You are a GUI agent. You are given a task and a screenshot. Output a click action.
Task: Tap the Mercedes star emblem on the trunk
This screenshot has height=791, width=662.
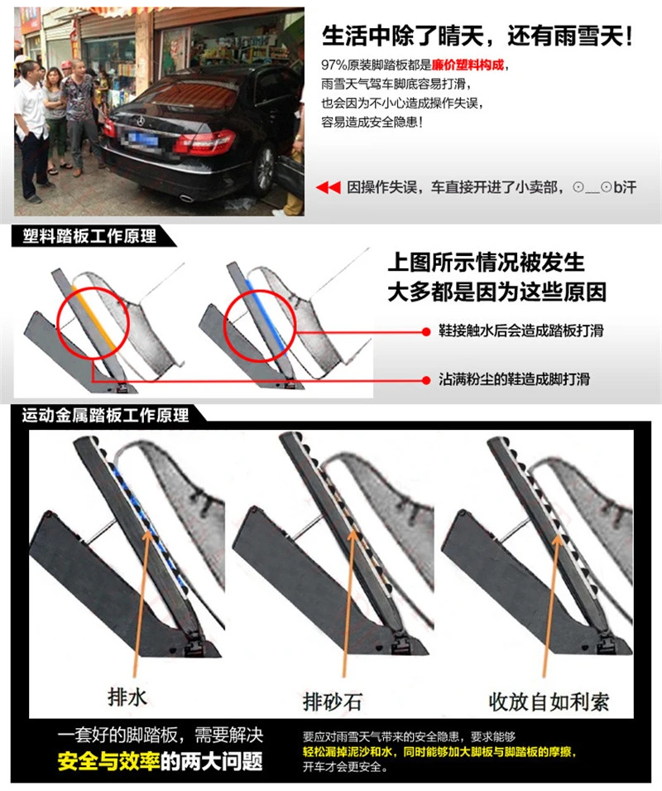tap(140, 121)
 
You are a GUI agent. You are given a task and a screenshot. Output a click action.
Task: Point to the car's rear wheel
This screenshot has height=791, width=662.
tap(264, 171)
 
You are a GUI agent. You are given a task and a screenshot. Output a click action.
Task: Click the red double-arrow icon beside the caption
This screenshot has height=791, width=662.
tap(329, 188)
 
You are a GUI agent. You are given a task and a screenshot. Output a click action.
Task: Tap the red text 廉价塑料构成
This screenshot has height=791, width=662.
tap(467, 65)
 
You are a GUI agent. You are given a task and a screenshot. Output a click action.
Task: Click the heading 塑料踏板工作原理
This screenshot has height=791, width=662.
tap(89, 236)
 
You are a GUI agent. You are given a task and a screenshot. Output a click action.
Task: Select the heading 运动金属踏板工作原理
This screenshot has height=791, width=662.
tap(105, 415)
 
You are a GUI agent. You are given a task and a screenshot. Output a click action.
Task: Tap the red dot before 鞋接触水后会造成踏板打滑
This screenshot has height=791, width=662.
tap(426, 331)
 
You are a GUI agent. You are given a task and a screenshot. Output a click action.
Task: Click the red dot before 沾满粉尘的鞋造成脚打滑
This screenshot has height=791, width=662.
tap(426, 379)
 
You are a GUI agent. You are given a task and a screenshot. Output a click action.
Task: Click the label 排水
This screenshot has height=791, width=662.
tap(127, 697)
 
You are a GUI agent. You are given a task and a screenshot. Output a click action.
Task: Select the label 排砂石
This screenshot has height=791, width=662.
tap(332, 702)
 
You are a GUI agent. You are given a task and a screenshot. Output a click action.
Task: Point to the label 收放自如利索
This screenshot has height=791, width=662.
tap(549, 702)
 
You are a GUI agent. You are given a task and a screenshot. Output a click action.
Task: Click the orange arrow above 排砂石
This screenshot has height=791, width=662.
tap(348, 602)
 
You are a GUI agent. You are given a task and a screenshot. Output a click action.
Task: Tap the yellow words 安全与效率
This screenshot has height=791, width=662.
tap(108, 761)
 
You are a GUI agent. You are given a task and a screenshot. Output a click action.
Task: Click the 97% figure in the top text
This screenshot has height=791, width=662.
tap(334, 65)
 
